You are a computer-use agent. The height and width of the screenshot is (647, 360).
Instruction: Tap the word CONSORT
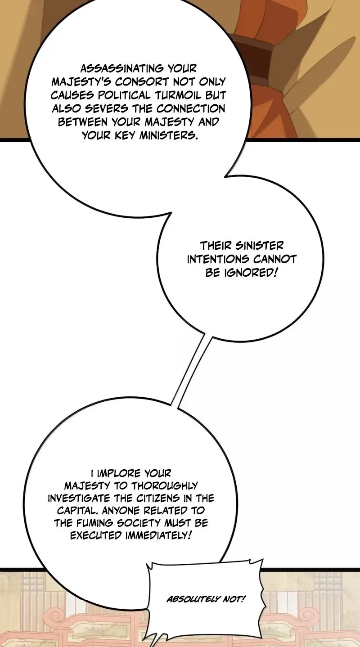[x=142, y=82]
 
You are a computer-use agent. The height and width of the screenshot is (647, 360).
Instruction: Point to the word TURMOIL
[x=178, y=95]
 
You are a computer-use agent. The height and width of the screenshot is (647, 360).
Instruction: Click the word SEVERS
[x=106, y=108]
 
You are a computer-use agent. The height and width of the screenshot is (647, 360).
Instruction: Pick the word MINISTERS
[x=169, y=135]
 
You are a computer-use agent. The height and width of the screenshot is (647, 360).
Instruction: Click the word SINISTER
[x=260, y=246]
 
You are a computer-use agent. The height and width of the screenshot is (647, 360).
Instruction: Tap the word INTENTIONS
[x=218, y=259]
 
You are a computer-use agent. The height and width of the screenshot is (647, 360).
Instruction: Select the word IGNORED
[x=251, y=272]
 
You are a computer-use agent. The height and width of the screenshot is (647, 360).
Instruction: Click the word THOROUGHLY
[x=165, y=486]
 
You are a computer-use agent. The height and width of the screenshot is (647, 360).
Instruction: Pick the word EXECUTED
[x=96, y=535]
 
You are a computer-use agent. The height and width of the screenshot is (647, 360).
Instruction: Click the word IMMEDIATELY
[x=158, y=535]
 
